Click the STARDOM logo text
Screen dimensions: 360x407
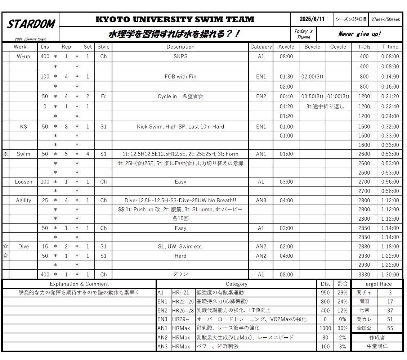click(31, 24)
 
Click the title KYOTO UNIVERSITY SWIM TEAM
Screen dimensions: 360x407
click(175, 19)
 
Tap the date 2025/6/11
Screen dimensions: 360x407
click(312, 19)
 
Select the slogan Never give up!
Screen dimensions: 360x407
click(359, 34)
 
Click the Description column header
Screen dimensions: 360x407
click(180, 47)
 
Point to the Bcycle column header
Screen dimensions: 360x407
click(312, 47)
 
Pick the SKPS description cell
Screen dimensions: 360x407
click(180, 57)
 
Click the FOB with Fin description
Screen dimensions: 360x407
click(180, 77)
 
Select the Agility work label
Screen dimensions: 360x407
click(23, 201)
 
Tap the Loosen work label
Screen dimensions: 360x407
click(23, 182)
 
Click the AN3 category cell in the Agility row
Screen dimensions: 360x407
click(261, 201)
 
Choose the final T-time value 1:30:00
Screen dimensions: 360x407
click(390, 274)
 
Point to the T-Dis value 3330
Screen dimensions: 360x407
click(364, 274)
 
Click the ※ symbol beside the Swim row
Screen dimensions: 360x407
click(5, 154)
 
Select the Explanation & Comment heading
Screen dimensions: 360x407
click(79, 284)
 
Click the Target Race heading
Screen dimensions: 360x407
click(377, 284)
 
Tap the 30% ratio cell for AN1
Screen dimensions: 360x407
click(342, 328)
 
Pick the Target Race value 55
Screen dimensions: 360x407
click(390, 328)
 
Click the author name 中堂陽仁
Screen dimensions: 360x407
click(377, 347)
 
